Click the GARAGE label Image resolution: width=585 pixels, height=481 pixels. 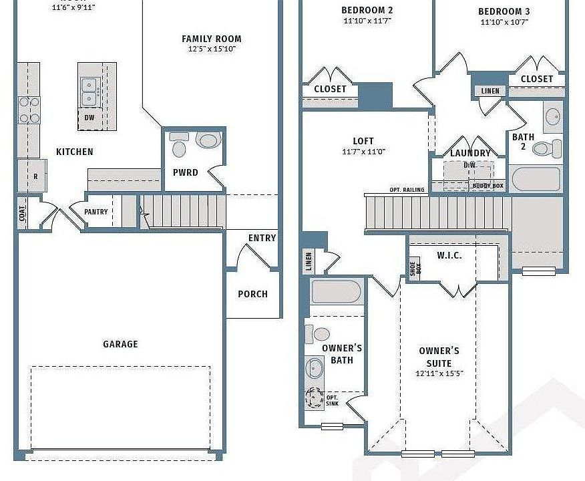[120, 344]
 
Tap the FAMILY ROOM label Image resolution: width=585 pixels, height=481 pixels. [212, 39]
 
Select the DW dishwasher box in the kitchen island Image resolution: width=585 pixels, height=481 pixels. [89, 118]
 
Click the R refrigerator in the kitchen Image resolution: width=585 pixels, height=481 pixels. [35, 176]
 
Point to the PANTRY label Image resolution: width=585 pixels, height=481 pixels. [96, 212]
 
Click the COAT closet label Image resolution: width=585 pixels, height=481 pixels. [22, 213]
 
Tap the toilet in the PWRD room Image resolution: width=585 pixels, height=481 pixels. [208, 141]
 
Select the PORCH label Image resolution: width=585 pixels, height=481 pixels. [252, 294]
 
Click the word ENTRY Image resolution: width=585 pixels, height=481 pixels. [262, 238]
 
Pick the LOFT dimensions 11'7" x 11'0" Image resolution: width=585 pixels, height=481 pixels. [363, 152]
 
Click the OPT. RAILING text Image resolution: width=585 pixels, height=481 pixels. [407, 190]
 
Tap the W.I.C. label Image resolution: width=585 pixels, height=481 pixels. [449, 255]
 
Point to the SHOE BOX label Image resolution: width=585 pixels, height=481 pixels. [413, 269]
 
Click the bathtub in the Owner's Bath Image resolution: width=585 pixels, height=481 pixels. [336, 291]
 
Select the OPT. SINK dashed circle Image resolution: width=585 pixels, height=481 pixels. [314, 399]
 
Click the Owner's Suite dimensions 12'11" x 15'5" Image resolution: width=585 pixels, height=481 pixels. [439, 374]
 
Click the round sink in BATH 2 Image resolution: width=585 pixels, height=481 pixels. [553, 117]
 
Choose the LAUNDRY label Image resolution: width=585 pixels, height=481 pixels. [470, 153]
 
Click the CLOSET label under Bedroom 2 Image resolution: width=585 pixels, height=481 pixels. [330, 89]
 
